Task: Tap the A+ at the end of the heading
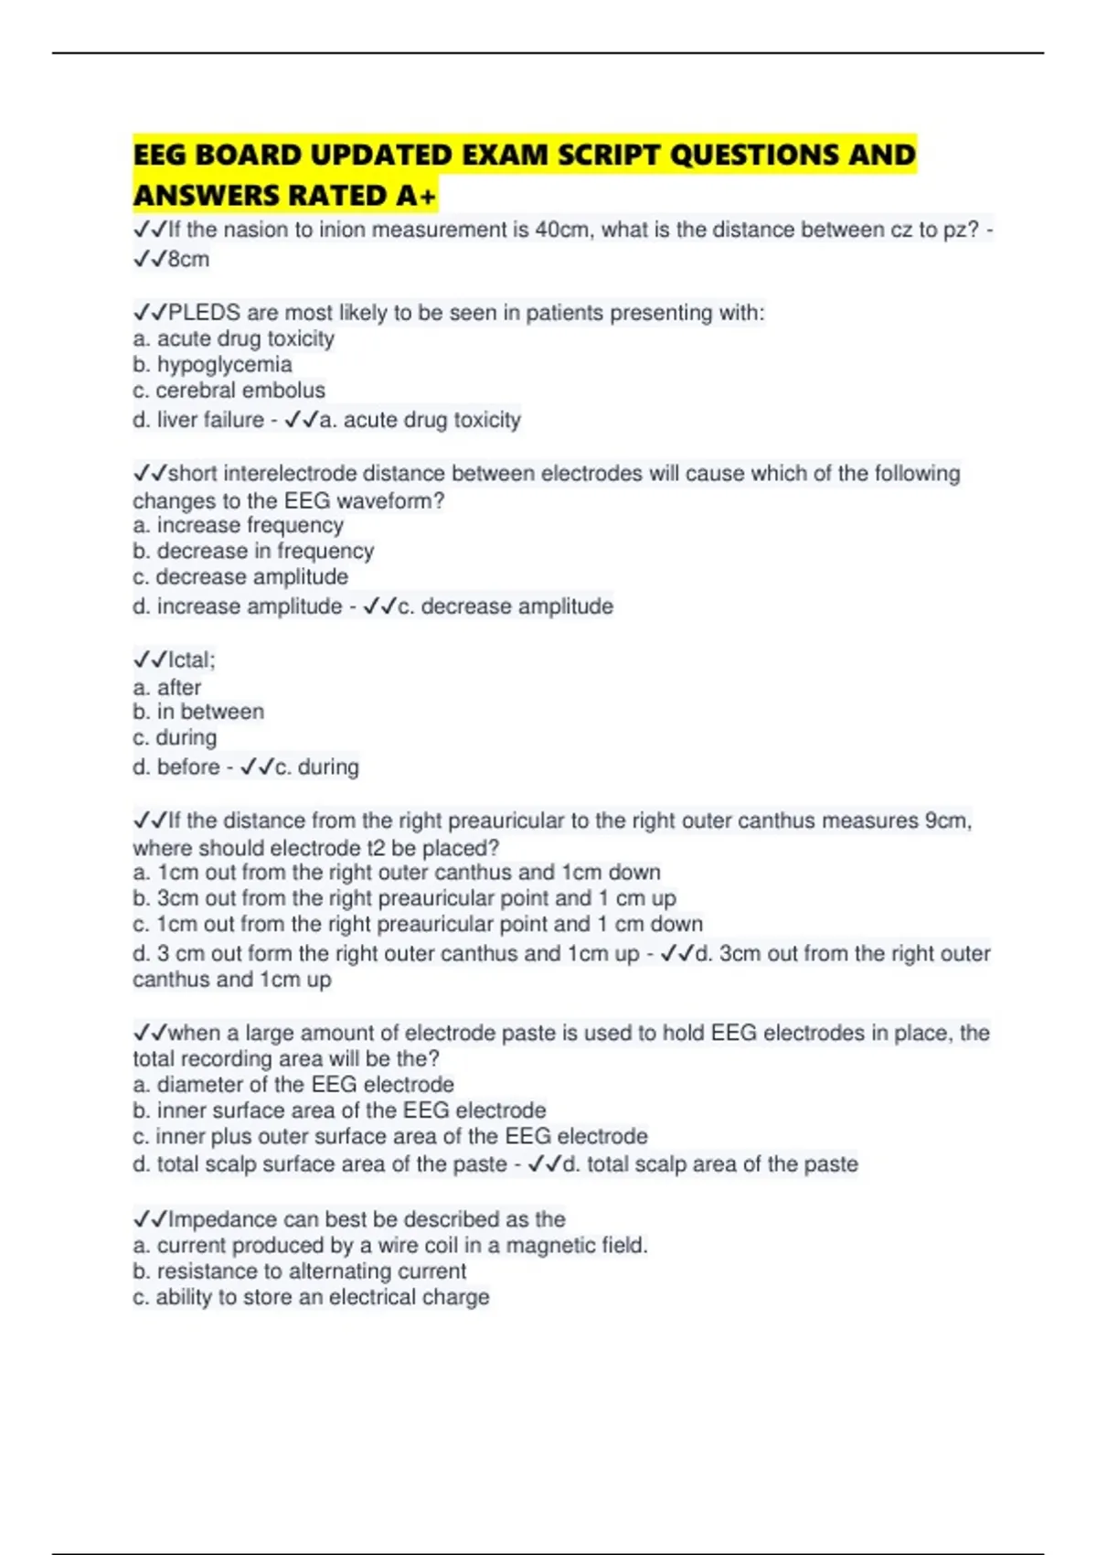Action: pos(417,196)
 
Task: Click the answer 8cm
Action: pos(188,259)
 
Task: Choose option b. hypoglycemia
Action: pos(212,364)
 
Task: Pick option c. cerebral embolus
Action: pos(229,390)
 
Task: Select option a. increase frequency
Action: pos(238,525)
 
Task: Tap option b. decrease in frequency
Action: pos(253,551)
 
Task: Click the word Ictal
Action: pos(190,660)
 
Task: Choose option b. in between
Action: pos(198,712)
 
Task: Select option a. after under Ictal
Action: pos(166,687)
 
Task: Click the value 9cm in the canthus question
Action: pos(946,820)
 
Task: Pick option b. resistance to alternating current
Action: pos(299,1271)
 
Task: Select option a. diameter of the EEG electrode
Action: pos(293,1084)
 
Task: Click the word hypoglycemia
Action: pos(224,364)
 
